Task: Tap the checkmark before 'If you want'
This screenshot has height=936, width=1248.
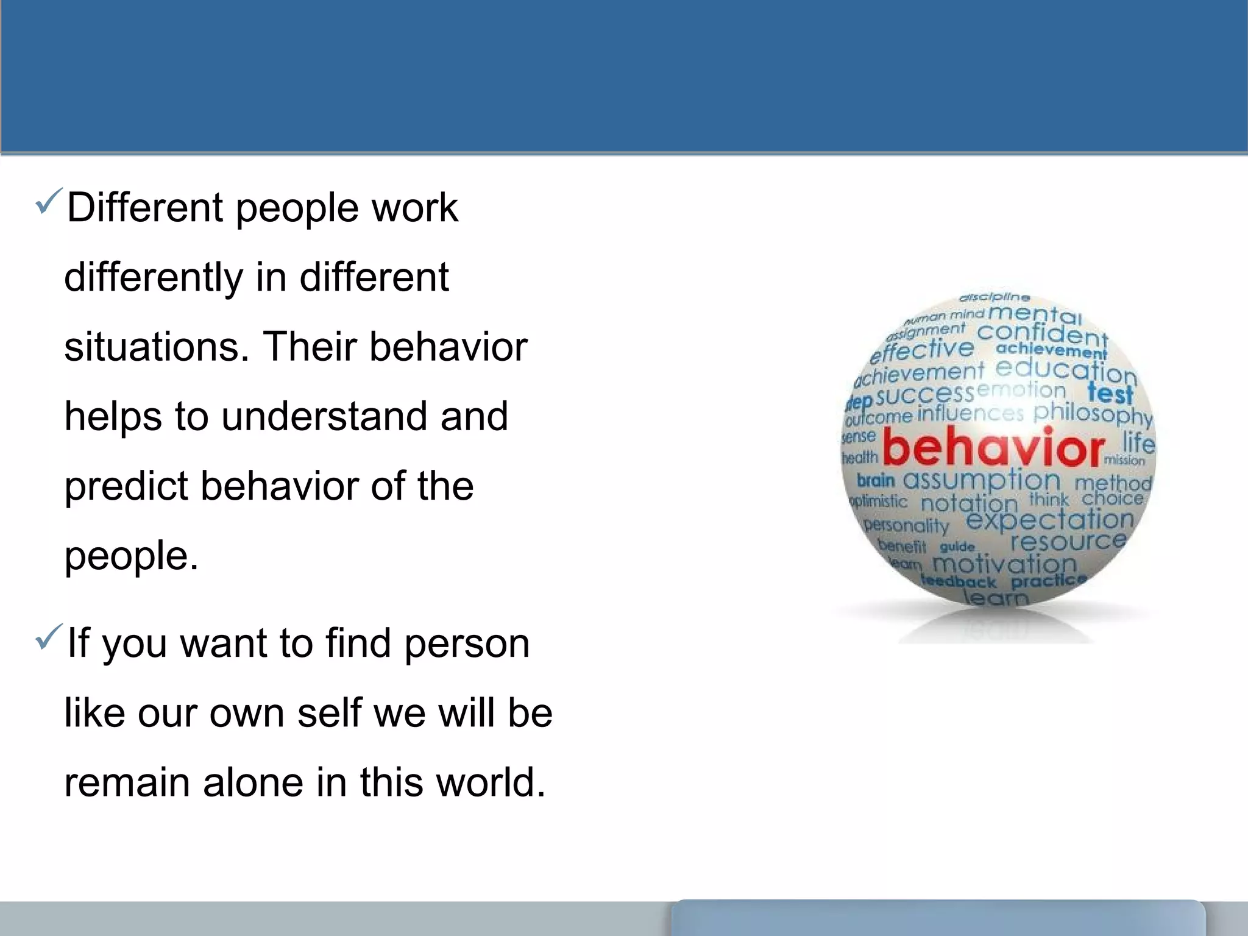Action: (49, 637)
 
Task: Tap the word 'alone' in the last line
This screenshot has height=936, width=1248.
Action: (253, 783)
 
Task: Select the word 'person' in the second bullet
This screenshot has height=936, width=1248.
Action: (467, 644)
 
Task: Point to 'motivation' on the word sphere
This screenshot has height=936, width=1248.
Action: (1004, 563)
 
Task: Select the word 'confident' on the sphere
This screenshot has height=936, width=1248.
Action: (1042, 334)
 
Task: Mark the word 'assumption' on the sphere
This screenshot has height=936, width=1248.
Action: (981, 480)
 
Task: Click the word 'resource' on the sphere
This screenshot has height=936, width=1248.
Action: (1068, 541)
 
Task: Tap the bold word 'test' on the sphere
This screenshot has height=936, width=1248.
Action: (1110, 393)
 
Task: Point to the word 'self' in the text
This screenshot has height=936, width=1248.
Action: (328, 713)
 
